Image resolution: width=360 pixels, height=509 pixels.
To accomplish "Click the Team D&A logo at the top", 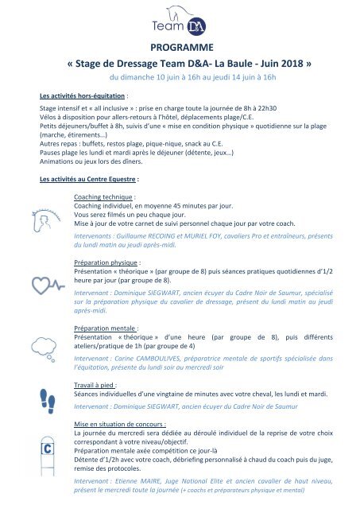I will tap(180, 21).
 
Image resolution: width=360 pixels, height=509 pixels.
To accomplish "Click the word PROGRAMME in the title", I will tap(180, 51).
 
